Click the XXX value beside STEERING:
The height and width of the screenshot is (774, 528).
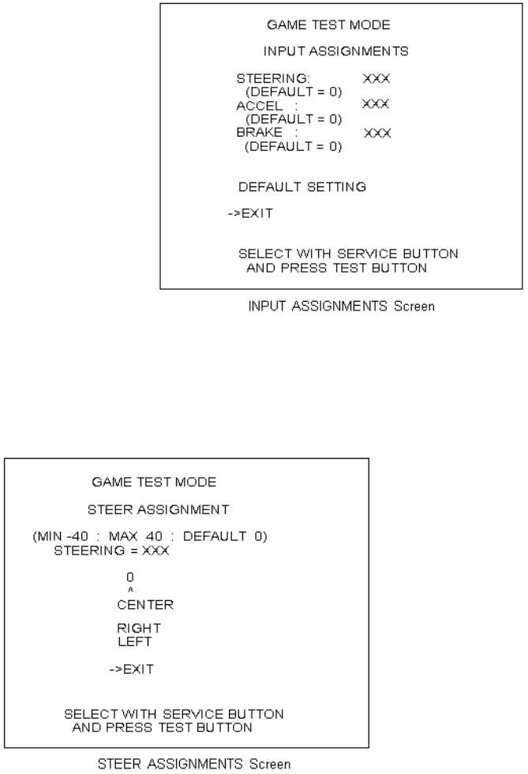click(377, 79)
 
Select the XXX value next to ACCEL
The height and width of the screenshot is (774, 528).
click(376, 104)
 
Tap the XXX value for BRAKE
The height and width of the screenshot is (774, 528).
click(377, 133)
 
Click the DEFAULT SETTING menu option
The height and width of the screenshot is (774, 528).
click(302, 187)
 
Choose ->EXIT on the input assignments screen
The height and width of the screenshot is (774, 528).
click(251, 214)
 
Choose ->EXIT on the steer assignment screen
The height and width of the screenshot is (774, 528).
click(132, 669)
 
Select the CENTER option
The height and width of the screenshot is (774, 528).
click(145, 605)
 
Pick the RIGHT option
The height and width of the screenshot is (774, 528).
click(139, 629)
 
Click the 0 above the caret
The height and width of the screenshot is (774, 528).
click(130, 577)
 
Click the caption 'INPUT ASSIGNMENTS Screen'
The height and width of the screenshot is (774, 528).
click(341, 306)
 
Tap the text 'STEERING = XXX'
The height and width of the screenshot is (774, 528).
click(111, 550)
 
